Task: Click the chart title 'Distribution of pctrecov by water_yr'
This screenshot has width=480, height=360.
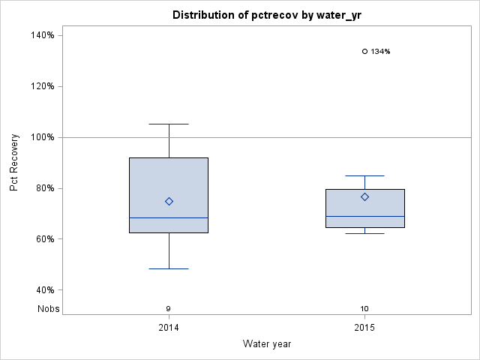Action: [x=266, y=15]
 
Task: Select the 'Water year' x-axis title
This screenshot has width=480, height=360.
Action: [x=266, y=343]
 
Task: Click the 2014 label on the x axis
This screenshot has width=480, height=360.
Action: [x=169, y=328]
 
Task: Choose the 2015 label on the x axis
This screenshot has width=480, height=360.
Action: [x=364, y=328]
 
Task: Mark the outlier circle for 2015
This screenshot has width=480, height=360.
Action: [x=364, y=52]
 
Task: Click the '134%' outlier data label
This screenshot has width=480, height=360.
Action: [x=381, y=52]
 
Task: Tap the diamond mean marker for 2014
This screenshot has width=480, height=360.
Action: [x=169, y=201]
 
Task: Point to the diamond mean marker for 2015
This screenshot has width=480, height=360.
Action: [x=364, y=196]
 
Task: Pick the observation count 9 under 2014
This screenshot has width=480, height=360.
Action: [x=169, y=308]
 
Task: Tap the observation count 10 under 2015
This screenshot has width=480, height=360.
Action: [x=364, y=308]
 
